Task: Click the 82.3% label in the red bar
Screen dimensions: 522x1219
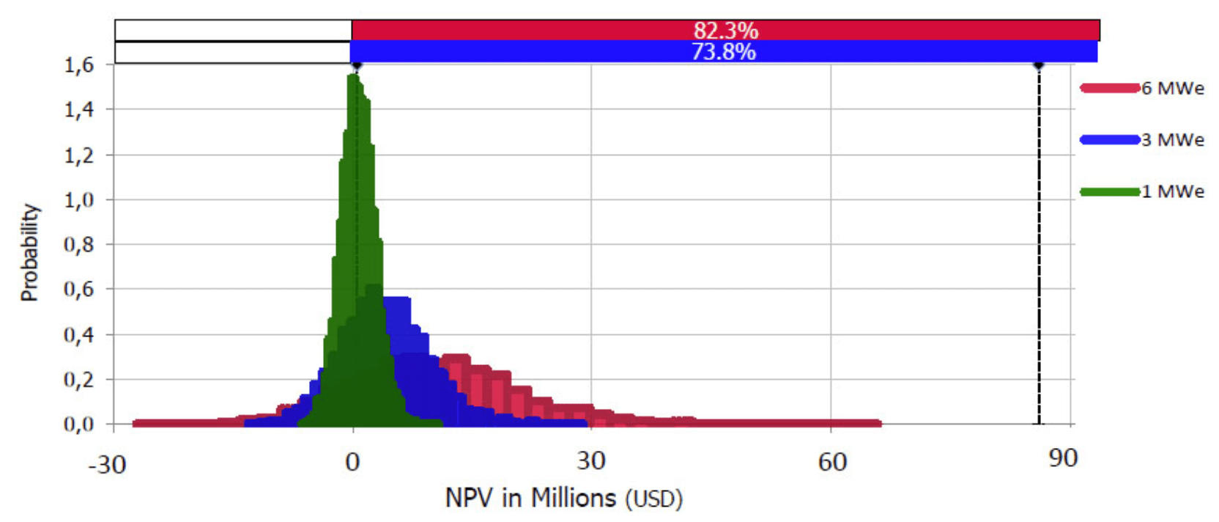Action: pos(725,31)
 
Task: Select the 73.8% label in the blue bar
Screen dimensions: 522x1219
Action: pos(723,52)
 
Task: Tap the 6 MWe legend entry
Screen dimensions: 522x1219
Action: pos(1172,89)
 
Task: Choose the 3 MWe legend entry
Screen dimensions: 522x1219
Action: pos(1172,140)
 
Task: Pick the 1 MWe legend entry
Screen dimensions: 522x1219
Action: pos(1172,192)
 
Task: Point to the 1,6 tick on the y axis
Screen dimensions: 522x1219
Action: pos(79,65)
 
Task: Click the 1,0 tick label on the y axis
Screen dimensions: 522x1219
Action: pos(79,200)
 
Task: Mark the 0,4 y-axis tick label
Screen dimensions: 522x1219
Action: pos(79,335)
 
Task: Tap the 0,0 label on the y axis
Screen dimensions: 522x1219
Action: pos(79,424)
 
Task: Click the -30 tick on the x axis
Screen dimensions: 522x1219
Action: pos(107,464)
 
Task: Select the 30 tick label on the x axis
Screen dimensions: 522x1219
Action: pos(590,461)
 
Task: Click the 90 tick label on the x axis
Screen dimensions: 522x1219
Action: pos(1063,459)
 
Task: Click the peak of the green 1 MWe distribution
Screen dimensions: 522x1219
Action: pos(355,76)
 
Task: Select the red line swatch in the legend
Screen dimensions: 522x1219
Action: pos(1110,89)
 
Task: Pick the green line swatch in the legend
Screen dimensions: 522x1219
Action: pos(1110,192)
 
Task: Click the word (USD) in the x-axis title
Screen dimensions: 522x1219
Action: pos(653,500)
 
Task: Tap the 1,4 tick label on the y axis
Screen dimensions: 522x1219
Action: pos(79,110)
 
